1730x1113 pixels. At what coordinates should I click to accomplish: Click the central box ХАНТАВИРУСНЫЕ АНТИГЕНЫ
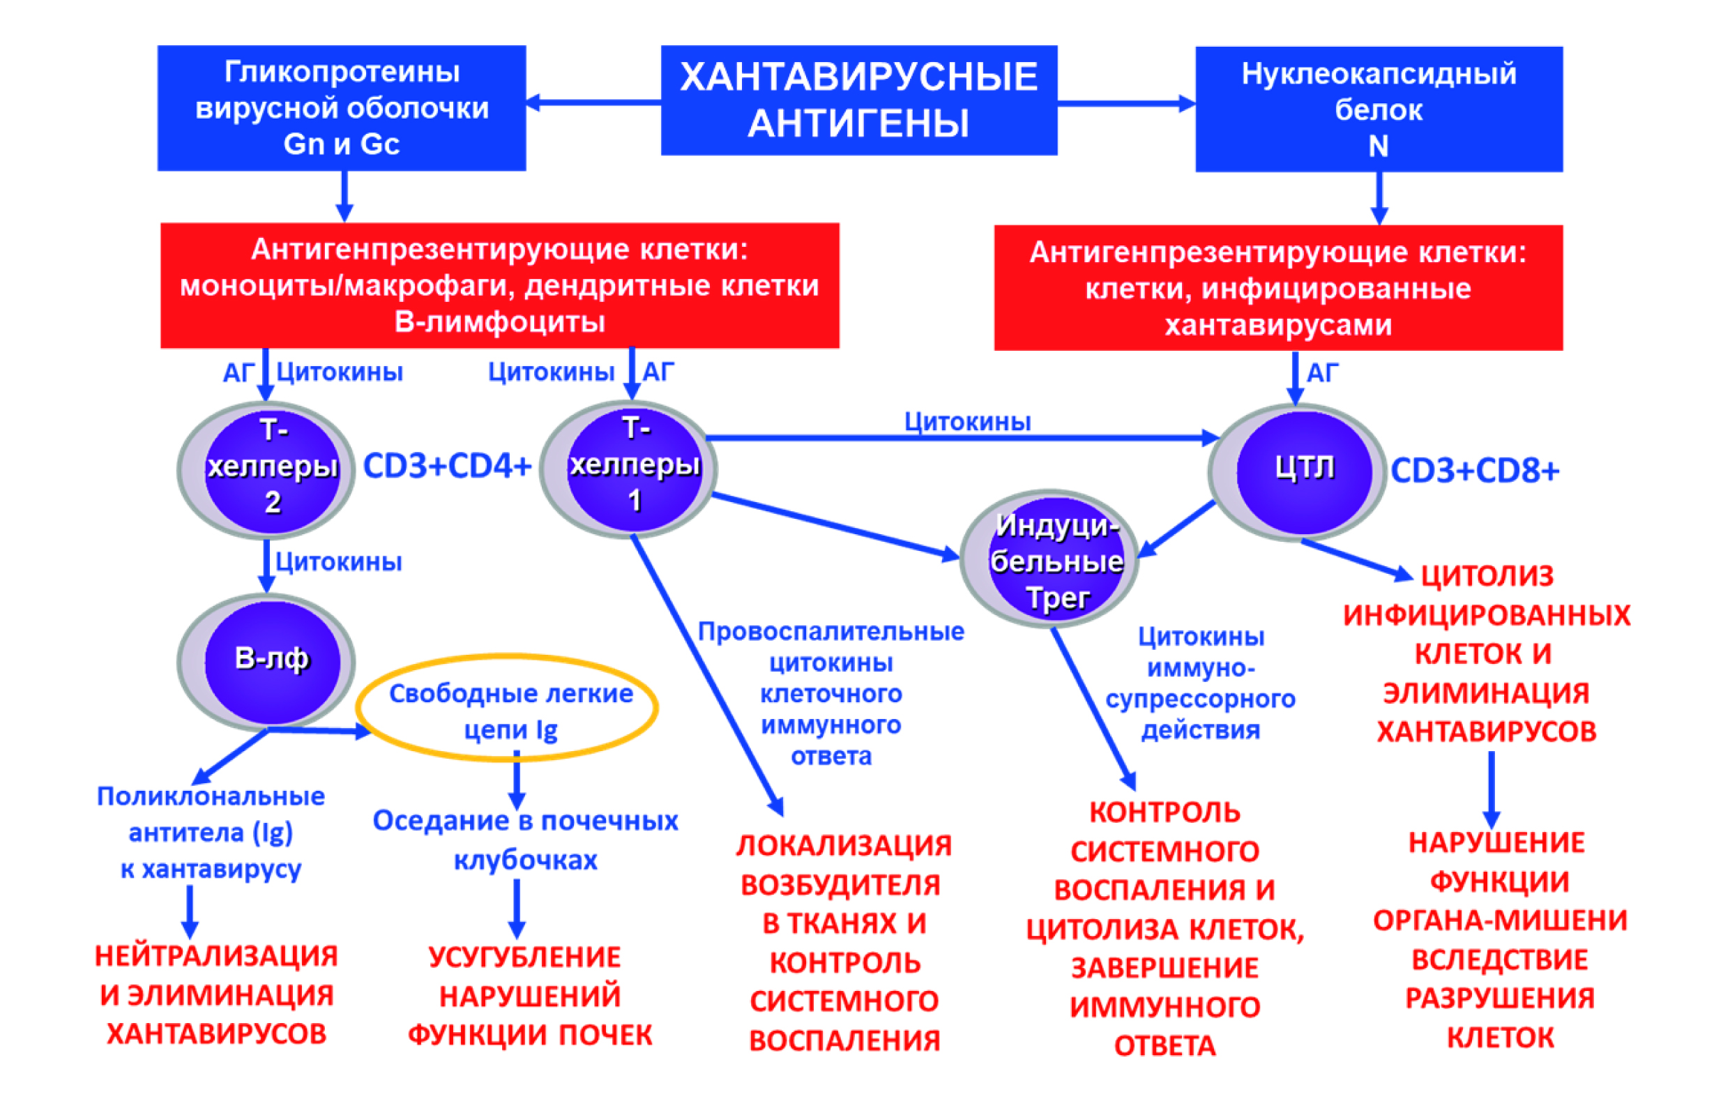(x=858, y=100)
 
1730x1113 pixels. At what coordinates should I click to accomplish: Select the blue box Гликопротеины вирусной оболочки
(x=341, y=108)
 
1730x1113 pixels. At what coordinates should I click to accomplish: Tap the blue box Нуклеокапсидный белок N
(x=1378, y=109)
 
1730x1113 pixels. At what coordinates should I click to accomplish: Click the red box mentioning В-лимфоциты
(x=499, y=285)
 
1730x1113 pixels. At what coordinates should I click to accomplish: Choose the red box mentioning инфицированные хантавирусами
(x=1277, y=287)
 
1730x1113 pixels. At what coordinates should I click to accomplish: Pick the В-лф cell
(x=272, y=659)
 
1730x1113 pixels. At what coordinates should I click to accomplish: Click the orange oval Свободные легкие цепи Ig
(x=510, y=711)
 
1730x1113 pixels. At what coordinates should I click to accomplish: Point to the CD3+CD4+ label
(x=446, y=466)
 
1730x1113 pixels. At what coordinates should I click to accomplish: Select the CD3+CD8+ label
(x=1474, y=471)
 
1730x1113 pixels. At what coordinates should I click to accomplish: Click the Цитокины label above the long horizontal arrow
(x=967, y=421)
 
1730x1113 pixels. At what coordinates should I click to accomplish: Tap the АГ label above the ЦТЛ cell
(x=1323, y=373)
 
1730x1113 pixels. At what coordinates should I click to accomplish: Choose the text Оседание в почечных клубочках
(x=525, y=840)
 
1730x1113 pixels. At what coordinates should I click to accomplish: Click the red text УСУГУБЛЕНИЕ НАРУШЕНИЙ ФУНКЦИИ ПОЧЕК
(x=529, y=996)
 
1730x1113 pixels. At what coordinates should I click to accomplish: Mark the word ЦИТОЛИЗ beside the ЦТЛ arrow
(x=1487, y=576)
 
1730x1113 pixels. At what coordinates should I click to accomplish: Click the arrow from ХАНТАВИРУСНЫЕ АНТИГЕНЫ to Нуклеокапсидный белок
(x=1126, y=104)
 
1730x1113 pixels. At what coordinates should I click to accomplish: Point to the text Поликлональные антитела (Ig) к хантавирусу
(x=211, y=833)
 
